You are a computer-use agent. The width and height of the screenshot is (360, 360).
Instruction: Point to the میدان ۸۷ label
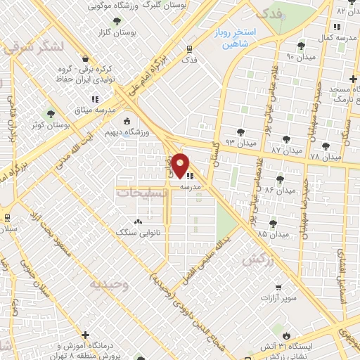(286, 150)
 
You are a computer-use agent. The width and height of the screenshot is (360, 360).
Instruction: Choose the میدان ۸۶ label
(280, 191)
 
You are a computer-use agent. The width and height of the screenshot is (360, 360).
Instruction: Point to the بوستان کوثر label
(50, 124)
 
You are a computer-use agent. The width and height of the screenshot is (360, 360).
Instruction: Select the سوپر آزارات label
(281, 298)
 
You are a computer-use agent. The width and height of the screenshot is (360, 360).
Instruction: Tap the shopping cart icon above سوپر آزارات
(280, 287)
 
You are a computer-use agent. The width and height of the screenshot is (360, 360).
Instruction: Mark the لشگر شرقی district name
(32, 47)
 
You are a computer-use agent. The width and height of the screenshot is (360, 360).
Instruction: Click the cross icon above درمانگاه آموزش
(86, 335)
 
